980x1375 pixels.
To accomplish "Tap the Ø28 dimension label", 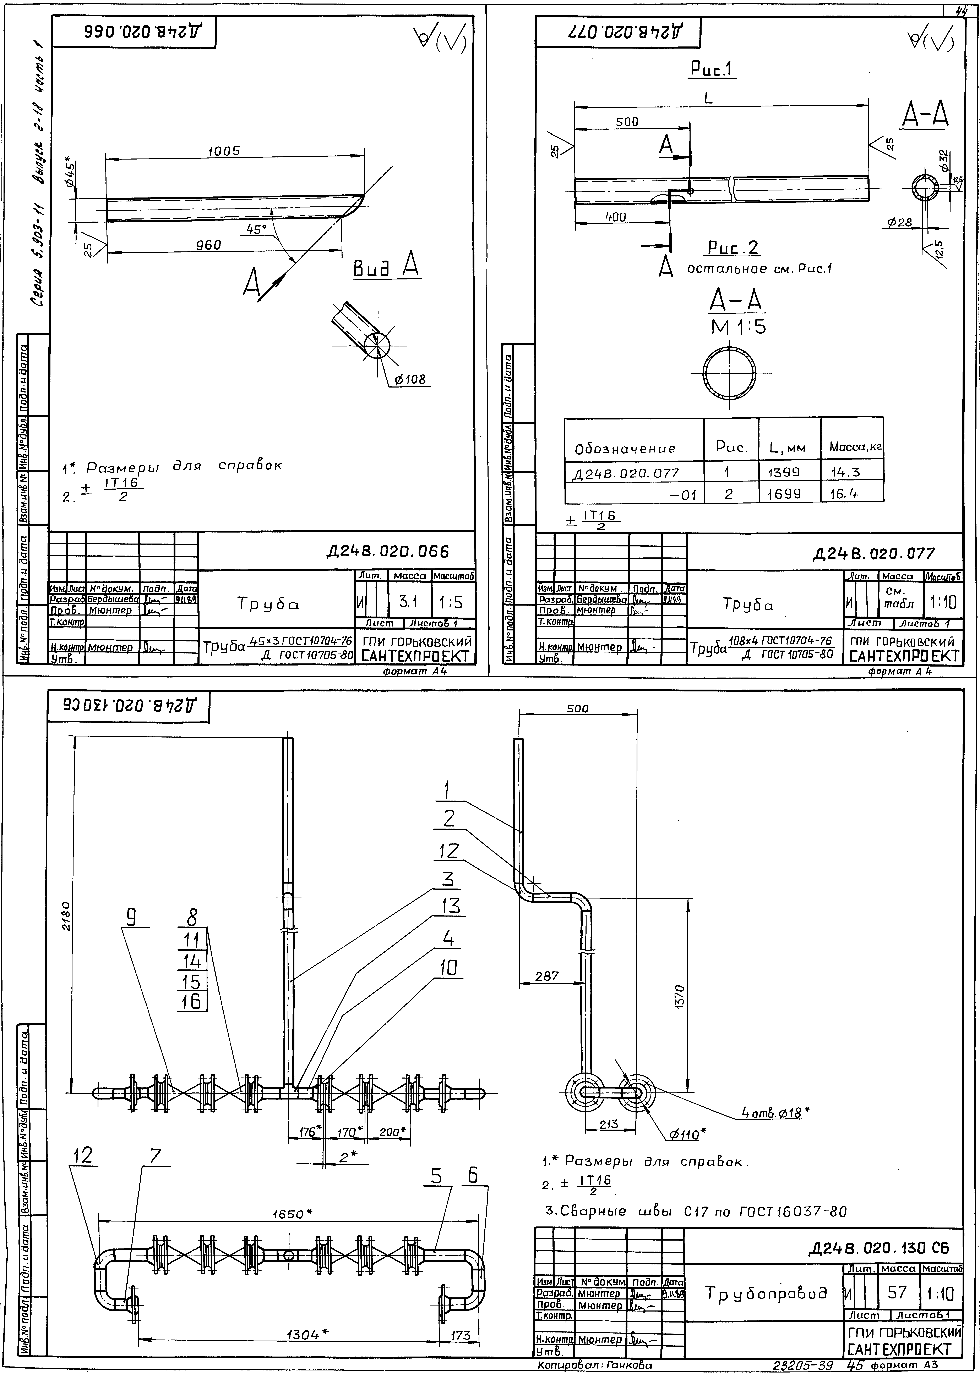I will point(900,223).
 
